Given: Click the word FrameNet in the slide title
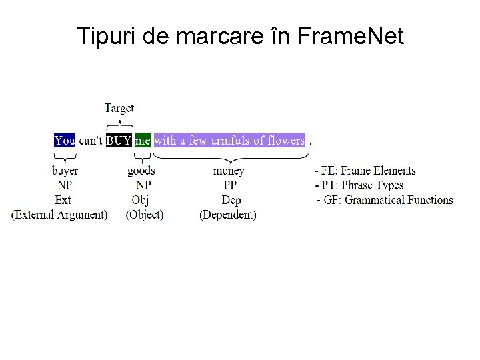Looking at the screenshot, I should pos(351,36).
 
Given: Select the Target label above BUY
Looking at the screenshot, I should pos(119,108).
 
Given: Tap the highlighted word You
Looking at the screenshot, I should pos(65,141).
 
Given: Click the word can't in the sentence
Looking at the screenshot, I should pos(91,141).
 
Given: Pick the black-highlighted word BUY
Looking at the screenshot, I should pos(119,141).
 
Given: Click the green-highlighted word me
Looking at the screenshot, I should pos(143,141).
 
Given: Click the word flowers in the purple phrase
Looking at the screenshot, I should pos(279,141).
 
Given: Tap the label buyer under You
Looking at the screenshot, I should pos(65,171).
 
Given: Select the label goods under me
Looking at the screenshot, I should pos(141,171).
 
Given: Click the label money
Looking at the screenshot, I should pos(229,171).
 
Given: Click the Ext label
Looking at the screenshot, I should pos(63,200).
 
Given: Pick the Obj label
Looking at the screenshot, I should pos(140,200).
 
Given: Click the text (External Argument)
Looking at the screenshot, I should pos(59,215).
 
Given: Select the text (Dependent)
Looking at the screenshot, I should pos(228,215).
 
